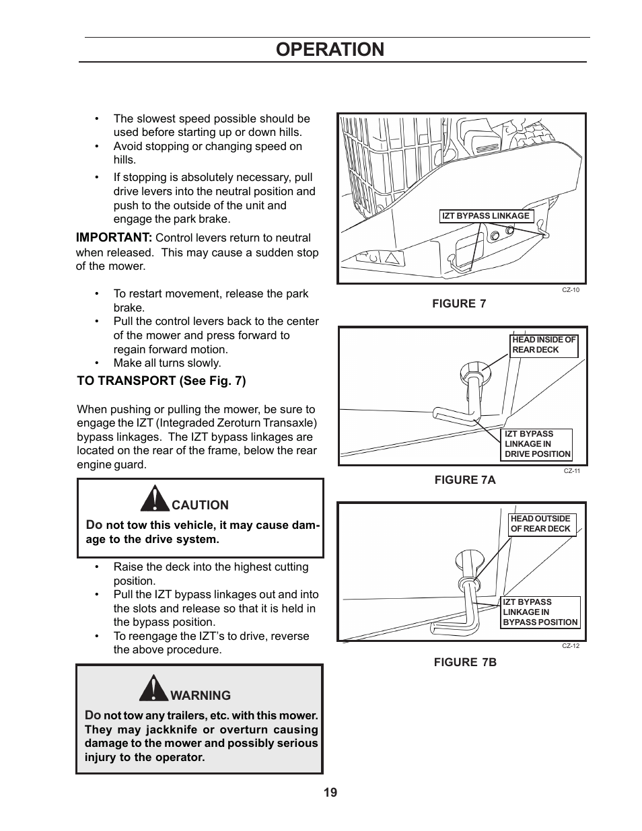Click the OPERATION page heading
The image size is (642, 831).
[x=330, y=49]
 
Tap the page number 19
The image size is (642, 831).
[x=330, y=792]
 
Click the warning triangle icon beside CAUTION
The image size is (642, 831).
[x=155, y=499]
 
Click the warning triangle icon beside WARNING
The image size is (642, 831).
[x=154, y=688]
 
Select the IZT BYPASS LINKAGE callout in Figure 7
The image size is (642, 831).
[x=486, y=216]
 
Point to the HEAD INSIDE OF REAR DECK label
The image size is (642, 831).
[x=544, y=345]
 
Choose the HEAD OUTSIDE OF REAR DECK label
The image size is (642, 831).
[x=541, y=523]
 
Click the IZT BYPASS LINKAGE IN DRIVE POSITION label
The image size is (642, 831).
[x=537, y=444]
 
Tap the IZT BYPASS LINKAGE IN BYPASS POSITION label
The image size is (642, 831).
[x=540, y=612]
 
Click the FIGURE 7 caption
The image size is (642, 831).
[x=458, y=303]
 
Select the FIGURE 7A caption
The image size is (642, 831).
[x=464, y=480]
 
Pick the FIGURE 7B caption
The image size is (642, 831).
[x=464, y=662]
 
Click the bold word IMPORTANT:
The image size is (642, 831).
[x=114, y=238]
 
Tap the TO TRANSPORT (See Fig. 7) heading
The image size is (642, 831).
[x=162, y=381]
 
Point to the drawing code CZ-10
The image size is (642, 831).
[x=571, y=290]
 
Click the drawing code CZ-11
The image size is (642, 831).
[x=571, y=471]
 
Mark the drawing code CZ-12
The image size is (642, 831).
[x=571, y=646]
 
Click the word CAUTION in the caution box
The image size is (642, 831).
[x=200, y=505]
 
